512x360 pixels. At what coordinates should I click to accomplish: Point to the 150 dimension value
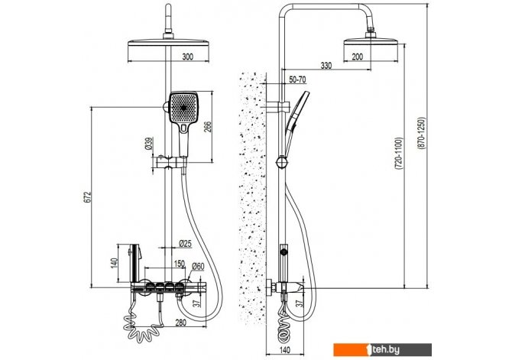179,264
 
